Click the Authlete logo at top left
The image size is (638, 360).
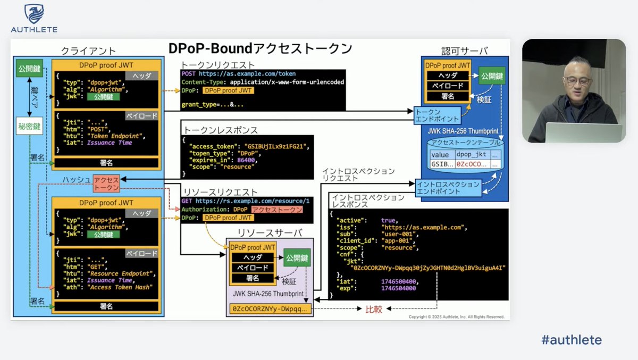coord(34,19)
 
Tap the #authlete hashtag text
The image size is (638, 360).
coord(572,340)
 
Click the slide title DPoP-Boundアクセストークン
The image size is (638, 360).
coord(260,48)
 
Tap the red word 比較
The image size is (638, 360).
coord(374,309)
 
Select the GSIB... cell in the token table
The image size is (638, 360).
coord(442,164)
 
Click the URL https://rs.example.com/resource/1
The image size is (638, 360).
coord(252,201)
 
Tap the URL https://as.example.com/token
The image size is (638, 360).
coord(247,74)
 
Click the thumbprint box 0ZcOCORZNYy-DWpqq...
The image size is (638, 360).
coord(269,309)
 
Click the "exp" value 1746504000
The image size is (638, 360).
coord(399,288)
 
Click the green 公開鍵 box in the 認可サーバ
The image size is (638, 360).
coord(491,76)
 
